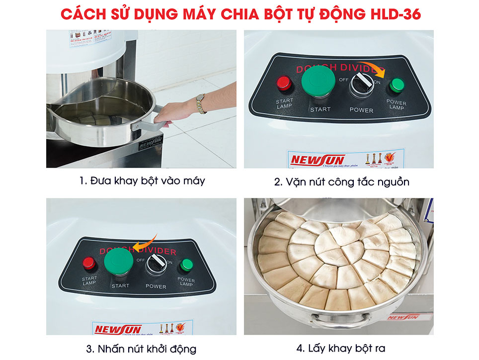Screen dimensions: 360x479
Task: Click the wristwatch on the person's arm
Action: tap(200, 103)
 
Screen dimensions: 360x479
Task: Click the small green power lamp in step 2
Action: tap(396, 86)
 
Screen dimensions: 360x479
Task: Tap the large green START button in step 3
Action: tap(118, 262)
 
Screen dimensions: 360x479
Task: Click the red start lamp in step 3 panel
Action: tap(89, 263)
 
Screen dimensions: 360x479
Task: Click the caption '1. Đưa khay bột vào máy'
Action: tap(142, 181)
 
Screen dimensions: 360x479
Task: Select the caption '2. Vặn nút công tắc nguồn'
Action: tap(342, 182)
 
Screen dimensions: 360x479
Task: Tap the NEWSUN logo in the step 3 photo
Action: tap(118, 329)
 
